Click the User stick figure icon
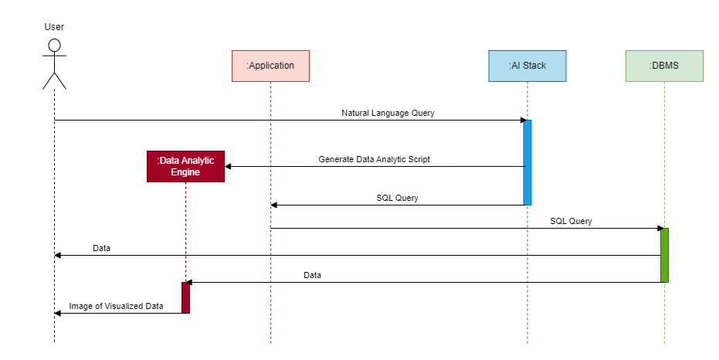(54, 64)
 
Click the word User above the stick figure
(54, 27)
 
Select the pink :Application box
(270, 66)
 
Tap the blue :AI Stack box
(527, 66)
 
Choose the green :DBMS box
(664, 66)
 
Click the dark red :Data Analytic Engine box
(185, 166)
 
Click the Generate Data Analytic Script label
(374, 159)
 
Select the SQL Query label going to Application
(397, 198)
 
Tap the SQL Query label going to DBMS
(571, 221)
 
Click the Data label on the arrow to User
(101, 249)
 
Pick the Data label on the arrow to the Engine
(312, 275)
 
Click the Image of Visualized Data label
(116, 306)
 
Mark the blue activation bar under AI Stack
(527, 162)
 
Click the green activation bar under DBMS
(664, 255)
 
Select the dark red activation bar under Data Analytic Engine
(185, 297)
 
